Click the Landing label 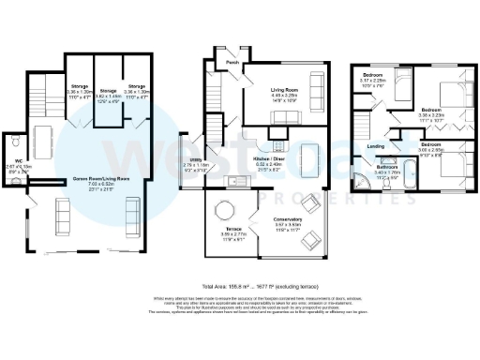[x=376, y=146]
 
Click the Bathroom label [x=387, y=167]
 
